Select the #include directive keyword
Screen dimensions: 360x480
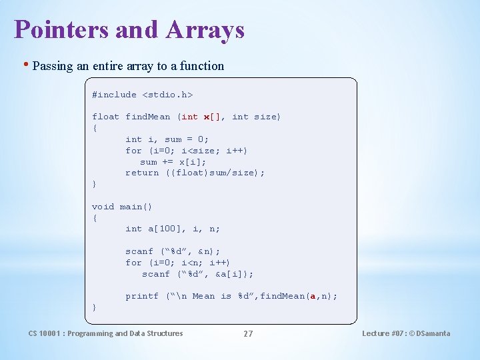pos(114,95)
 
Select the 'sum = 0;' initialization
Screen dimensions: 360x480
pos(187,139)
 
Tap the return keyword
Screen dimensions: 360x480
pos(142,173)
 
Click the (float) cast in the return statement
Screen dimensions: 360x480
pos(187,173)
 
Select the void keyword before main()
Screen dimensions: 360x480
pos(103,207)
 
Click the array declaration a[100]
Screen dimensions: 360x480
pos(164,229)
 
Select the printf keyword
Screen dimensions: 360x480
pos(142,296)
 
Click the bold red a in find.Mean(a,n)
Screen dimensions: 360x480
pos(313,296)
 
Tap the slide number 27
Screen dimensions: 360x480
pos(248,333)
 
